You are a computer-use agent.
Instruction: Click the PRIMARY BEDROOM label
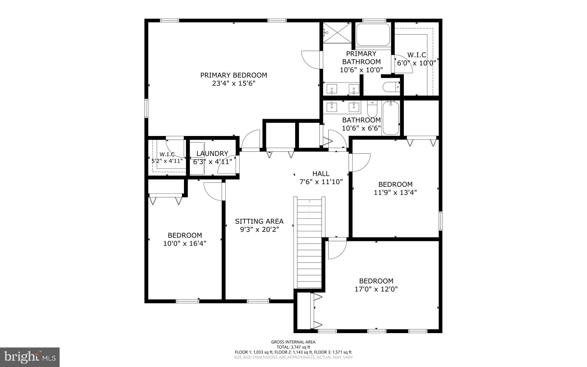[234, 75]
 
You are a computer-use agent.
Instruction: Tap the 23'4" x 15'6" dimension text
[234, 84]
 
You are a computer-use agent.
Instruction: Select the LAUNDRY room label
[212, 154]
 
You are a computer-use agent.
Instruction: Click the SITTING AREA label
[259, 221]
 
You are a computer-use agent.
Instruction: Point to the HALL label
[321, 174]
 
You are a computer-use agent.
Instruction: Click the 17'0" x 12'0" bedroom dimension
[376, 289]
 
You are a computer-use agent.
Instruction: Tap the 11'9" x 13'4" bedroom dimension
[395, 192]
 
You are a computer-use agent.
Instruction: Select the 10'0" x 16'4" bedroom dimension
[185, 244]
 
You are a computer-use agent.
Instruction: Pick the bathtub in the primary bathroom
[373, 35]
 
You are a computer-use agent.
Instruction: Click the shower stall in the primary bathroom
[337, 33]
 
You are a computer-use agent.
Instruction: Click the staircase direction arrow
[309, 209]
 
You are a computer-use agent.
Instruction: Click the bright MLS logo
[30, 357]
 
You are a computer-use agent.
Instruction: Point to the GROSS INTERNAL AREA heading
[293, 342]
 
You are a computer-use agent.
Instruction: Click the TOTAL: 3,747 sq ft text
[293, 347]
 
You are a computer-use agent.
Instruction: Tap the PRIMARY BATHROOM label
[361, 58]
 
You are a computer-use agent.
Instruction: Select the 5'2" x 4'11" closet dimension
[167, 161]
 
